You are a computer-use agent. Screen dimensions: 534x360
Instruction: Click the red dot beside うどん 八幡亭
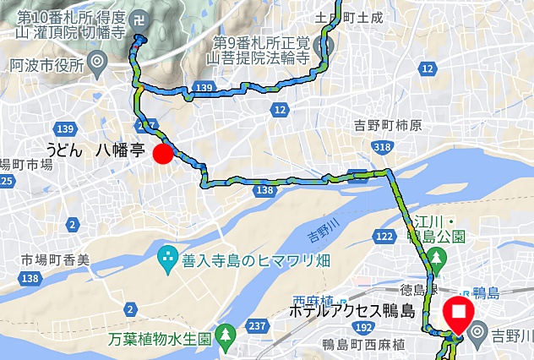[x=163, y=154]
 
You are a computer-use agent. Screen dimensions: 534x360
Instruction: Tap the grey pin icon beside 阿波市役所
[x=98, y=61]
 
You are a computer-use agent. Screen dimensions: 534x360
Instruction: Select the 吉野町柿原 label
[x=388, y=125]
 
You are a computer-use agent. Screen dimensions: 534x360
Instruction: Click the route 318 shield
[x=382, y=148]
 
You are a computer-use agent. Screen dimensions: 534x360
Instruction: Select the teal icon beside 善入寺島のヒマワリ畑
[x=167, y=254]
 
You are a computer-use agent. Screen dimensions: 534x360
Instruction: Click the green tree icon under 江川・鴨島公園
[x=435, y=256]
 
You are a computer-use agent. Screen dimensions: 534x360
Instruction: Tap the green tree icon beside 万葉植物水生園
[x=226, y=335]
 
